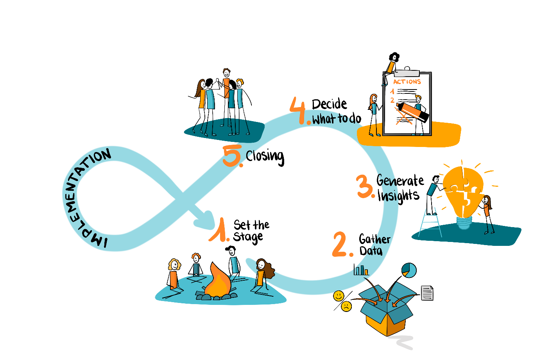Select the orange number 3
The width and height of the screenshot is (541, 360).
coord(365,187)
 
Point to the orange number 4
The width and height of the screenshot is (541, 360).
coord(299,111)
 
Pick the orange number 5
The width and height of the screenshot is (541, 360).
coord(232,156)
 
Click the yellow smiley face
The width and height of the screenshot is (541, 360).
coord(339,296)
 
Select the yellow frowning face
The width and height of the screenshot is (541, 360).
coord(346,306)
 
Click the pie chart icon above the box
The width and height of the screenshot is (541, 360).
coord(408,270)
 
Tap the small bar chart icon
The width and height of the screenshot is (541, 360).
coord(361,270)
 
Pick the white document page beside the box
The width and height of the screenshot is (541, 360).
coord(427,293)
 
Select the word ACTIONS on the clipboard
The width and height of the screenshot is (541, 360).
coord(407,82)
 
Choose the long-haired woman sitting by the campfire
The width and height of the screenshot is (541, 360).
coord(262,276)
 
